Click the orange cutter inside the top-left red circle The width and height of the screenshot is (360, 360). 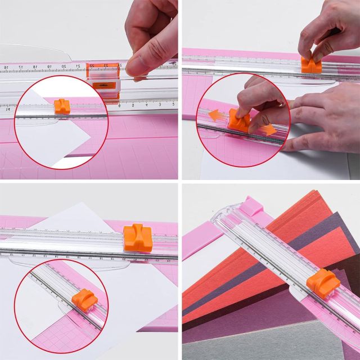[x=61, y=105]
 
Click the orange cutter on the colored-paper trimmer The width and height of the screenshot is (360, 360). [x=323, y=281]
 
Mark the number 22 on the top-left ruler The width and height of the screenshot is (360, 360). [x=92, y=65]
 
